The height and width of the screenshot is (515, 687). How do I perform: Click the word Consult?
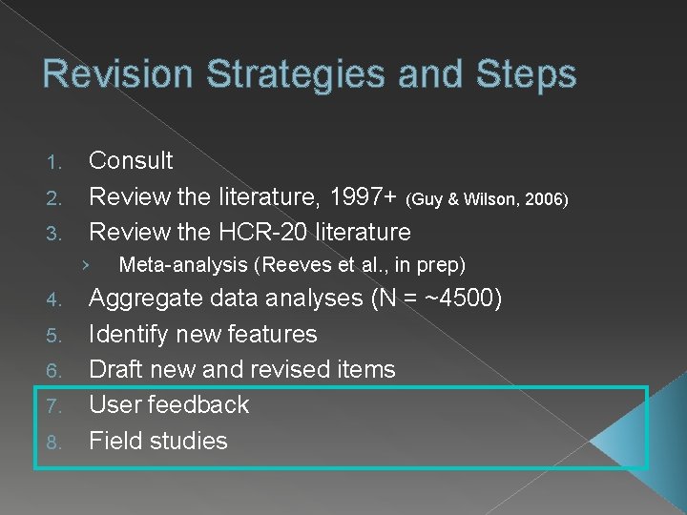pos(131,160)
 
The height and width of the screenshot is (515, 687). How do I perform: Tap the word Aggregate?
pos(145,299)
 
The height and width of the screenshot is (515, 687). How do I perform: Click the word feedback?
pos(198,404)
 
